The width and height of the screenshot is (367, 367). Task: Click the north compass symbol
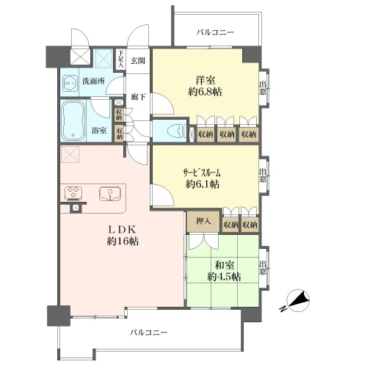click(x=297, y=302)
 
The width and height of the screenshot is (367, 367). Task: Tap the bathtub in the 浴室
click(x=73, y=120)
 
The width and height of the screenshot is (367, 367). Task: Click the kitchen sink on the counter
click(x=110, y=194)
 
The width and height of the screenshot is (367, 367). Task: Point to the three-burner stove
click(x=73, y=192)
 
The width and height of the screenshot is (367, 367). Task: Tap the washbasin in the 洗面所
click(x=70, y=82)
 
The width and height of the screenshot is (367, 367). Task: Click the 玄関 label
click(x=138, y=60)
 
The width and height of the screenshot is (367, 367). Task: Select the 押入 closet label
click(x=203, y=221)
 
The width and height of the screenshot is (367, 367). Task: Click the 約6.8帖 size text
click(x=205, y=92)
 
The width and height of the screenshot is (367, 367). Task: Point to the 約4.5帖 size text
click(x=224, y=277)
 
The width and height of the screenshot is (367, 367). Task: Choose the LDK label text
click(x=122, y=230)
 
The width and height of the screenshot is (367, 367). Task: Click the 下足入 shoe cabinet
click(x=120, y=59)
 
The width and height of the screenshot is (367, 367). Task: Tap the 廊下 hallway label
click(x=138, y=97)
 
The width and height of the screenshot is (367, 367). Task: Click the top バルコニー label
click(x=215, y=32)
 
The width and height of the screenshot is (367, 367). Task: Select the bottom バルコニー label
click(x=148, y=333)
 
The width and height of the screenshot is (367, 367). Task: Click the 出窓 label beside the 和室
click(x=263, y=267)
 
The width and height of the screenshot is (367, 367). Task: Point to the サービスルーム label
click(x=202, y=173)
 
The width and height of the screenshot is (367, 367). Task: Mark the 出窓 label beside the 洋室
click(x=263, y=88)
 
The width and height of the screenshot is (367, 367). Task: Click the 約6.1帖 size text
click(x=203, y=184)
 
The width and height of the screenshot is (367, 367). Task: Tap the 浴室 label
click(x=99, y=131)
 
